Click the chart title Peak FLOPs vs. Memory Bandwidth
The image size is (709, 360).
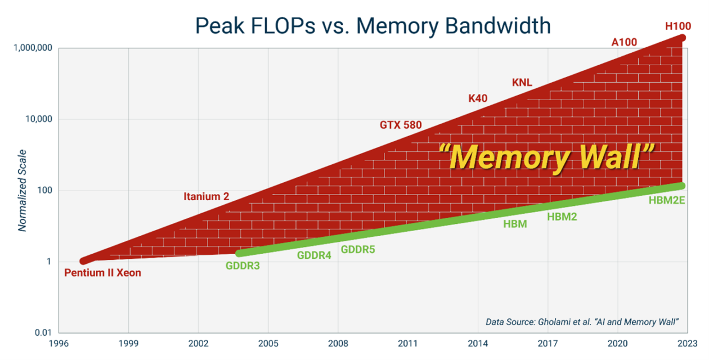(x=373, y=26)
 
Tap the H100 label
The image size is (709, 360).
(x=677, y=26)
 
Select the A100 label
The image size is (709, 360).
(x=624, y=42)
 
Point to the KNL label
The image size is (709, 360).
(x=522, y=83)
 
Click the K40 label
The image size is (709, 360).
(x=478, y=99)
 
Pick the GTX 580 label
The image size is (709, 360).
(x=401, y=125)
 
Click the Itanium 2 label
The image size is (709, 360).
(x=207, y=197)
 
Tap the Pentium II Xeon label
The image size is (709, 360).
(x=102, y=273)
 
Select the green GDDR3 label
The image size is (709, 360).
(x=243, y=266)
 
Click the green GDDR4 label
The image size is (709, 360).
(x=314, y=255)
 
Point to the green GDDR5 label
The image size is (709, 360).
(x=358, y=249)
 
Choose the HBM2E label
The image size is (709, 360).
(x=666, y=200)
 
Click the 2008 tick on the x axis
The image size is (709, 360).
(x=338, y=343)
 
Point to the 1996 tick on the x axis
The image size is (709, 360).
(x=59, y=343)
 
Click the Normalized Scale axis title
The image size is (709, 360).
(x=23, y=190)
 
